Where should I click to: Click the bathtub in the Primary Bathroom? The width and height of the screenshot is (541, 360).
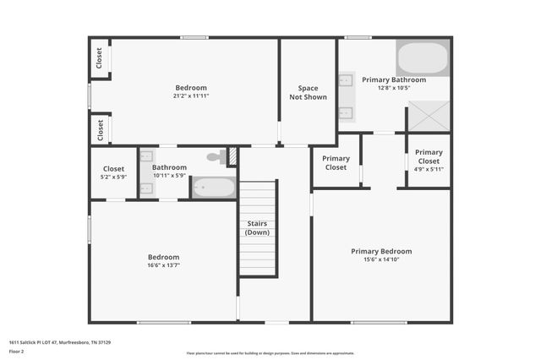coord(423,58)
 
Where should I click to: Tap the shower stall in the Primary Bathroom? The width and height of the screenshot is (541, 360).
coord(429,117)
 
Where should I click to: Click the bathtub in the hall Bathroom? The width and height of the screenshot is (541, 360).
coord(213,187)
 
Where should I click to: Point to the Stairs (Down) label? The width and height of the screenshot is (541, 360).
coord(258,228)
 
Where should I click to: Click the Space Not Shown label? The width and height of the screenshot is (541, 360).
coord(308,92)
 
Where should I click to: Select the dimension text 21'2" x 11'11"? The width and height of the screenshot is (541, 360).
coord(191,96)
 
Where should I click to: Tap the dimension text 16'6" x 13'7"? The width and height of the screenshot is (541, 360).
coord(164,265)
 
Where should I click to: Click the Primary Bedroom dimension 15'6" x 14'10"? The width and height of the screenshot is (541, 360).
coord(381,259)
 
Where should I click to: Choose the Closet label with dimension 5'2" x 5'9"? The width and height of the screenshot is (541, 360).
coord(114,168)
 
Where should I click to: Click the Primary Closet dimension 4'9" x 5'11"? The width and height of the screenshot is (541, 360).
coord(429,169)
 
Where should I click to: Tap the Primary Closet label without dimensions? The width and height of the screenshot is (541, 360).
coord(336,162)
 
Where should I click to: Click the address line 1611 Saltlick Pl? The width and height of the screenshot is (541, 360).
coord(60,342)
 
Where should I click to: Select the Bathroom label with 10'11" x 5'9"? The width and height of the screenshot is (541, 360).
coord(169,167)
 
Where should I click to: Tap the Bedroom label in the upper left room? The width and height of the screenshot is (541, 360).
coord(191,88)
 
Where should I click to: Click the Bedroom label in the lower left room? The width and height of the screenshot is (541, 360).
coord(164,257)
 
